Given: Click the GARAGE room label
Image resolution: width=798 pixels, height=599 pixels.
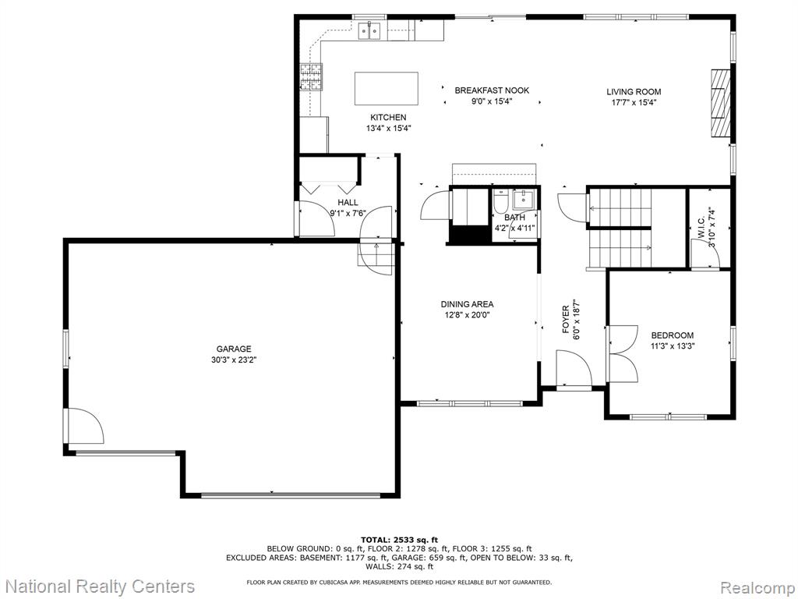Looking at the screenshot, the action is pyautogui.click(x=234, y=349).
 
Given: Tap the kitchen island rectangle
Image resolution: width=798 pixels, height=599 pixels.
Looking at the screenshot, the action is pyautogui.click(x=387, y=88).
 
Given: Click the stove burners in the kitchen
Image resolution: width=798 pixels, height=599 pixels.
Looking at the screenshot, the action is pyautogui.click(x=311, y=77).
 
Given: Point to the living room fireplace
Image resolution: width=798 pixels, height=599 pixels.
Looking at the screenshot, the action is pyautogui.click(x=720, y=104).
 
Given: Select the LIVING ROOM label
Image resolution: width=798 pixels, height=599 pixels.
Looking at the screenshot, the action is pyautogui.click(x=634, y=92).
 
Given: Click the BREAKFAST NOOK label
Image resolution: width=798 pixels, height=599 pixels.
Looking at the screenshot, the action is pyautogui.click(x=492, y=90).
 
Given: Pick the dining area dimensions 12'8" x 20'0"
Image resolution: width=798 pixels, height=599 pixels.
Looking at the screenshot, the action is pyautogui.click(x=467, y=315).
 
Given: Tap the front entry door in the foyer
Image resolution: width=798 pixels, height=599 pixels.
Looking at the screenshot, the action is pyautogui.click(x=574, y=369).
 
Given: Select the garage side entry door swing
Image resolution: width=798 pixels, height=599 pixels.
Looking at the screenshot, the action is pyautogui.click(x=84, y=427).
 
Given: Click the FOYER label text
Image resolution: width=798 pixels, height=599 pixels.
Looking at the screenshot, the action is pyautogui.click(x=566, y=320).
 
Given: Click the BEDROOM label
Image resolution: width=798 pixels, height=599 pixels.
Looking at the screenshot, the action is pyautogui.click(x=673, y=335).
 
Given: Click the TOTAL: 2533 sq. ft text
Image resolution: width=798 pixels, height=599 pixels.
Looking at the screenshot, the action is pyautogui.click(x=399, y=540).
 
